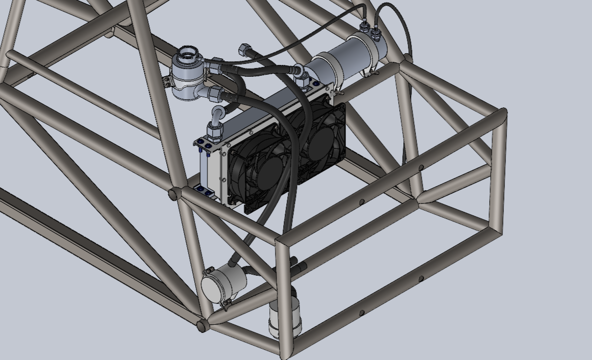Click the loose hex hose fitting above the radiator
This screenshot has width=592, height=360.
coord(244,50)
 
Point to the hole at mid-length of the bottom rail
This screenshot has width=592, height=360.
coord(362,313)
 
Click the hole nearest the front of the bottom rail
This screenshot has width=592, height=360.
coord(421,279)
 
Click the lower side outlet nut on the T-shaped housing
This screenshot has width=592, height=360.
coord(214,93)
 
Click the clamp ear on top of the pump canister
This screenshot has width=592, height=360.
coord(209,269)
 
